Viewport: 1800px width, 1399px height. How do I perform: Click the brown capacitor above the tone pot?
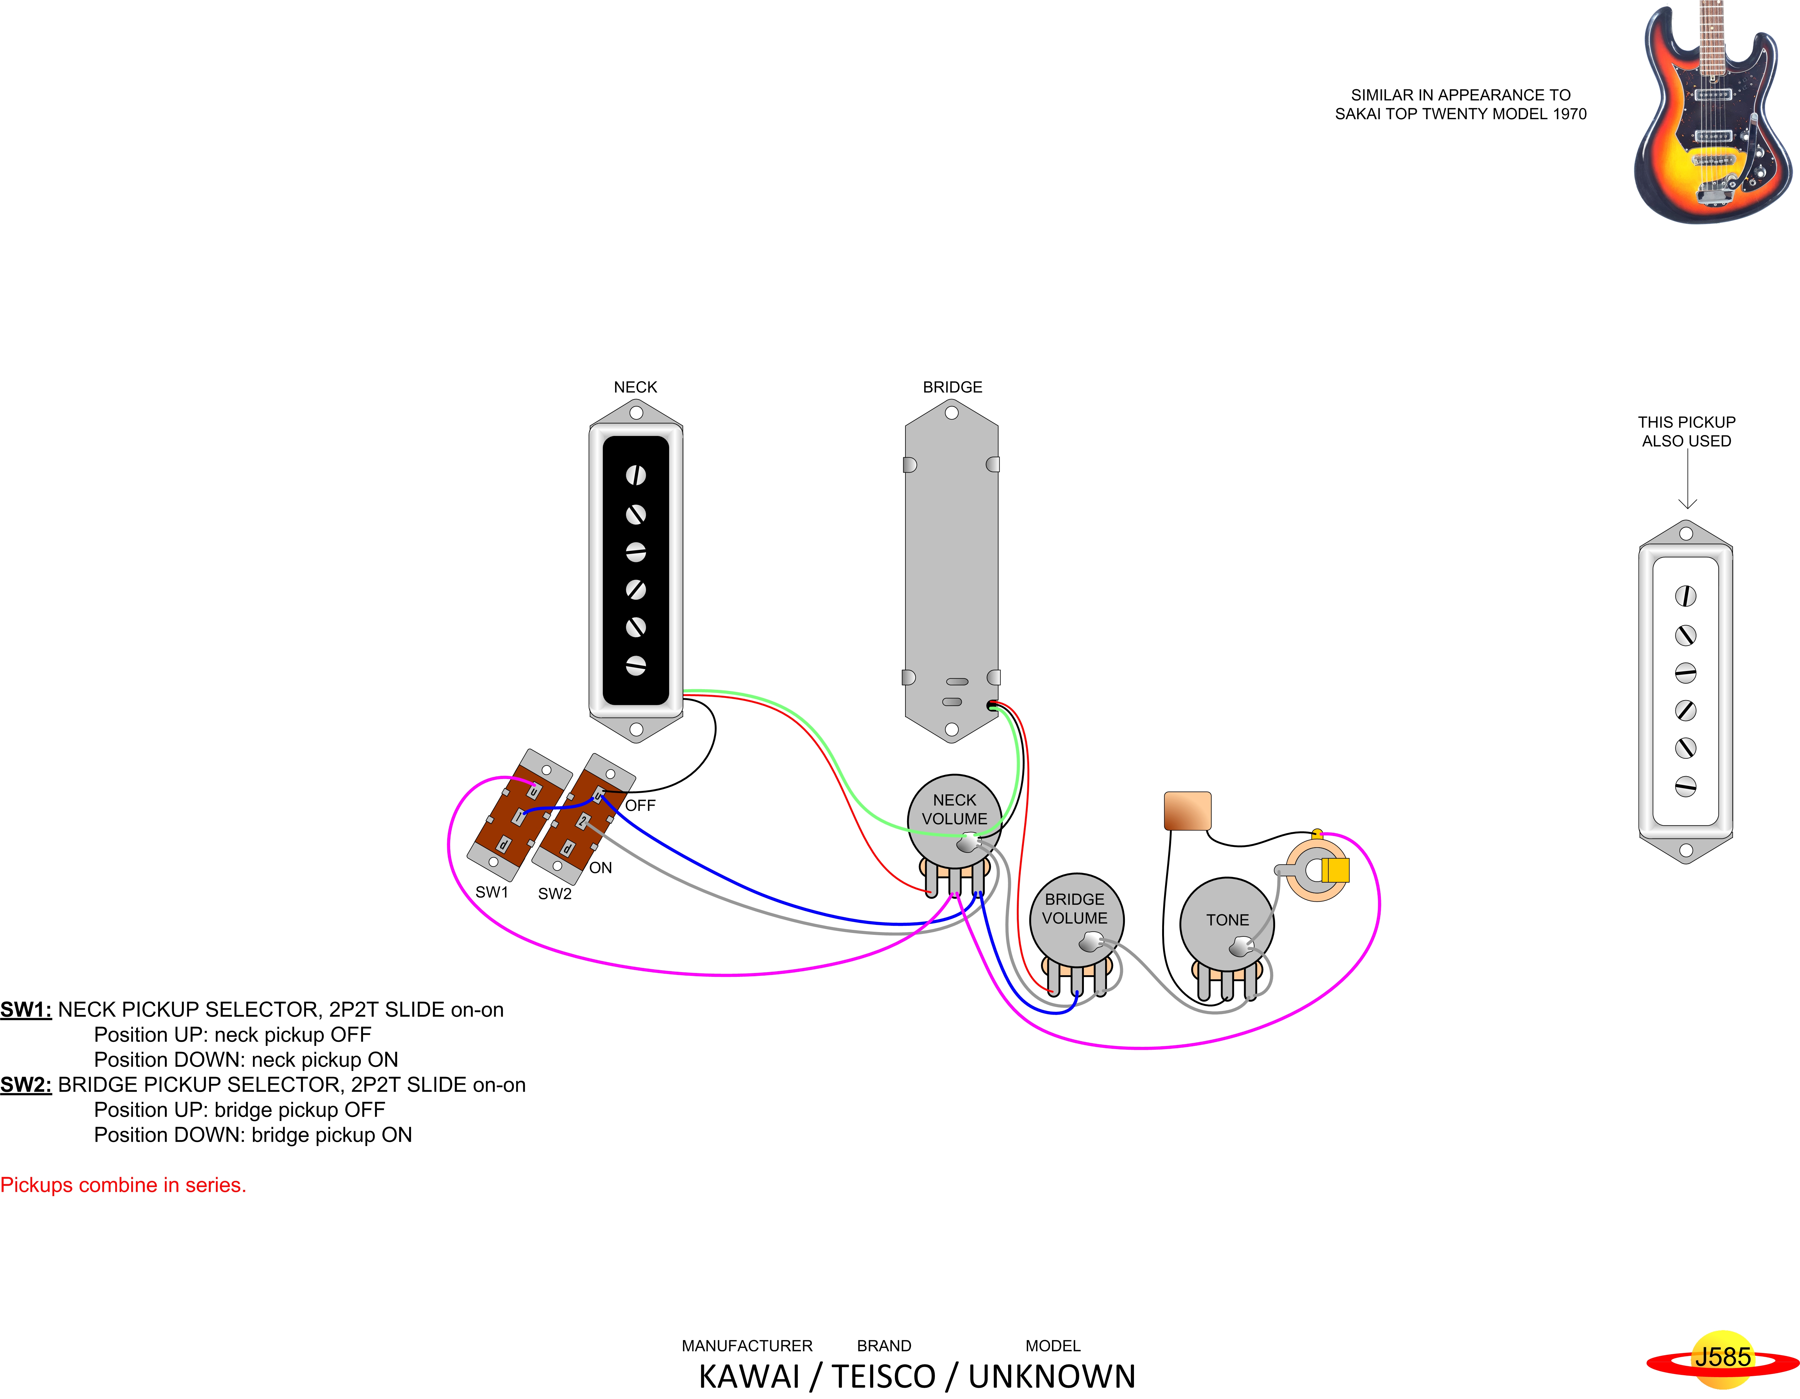pos(1187,811)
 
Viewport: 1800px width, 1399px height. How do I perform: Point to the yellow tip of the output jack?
pos(1335,870)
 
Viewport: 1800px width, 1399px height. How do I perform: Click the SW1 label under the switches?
pos(492,892)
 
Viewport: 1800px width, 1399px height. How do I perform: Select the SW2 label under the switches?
pos(555,894)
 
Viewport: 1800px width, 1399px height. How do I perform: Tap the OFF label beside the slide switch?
pos(640,806)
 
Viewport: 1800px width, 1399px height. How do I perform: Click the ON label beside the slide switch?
pos(601,868)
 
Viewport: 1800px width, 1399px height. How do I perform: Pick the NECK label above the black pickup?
pos(635,387)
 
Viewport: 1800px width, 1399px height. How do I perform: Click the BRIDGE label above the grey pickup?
pos(952,387)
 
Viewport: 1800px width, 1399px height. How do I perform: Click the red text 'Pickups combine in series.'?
pos(124,1185)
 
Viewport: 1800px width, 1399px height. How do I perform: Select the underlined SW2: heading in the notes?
pos(26,1085)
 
